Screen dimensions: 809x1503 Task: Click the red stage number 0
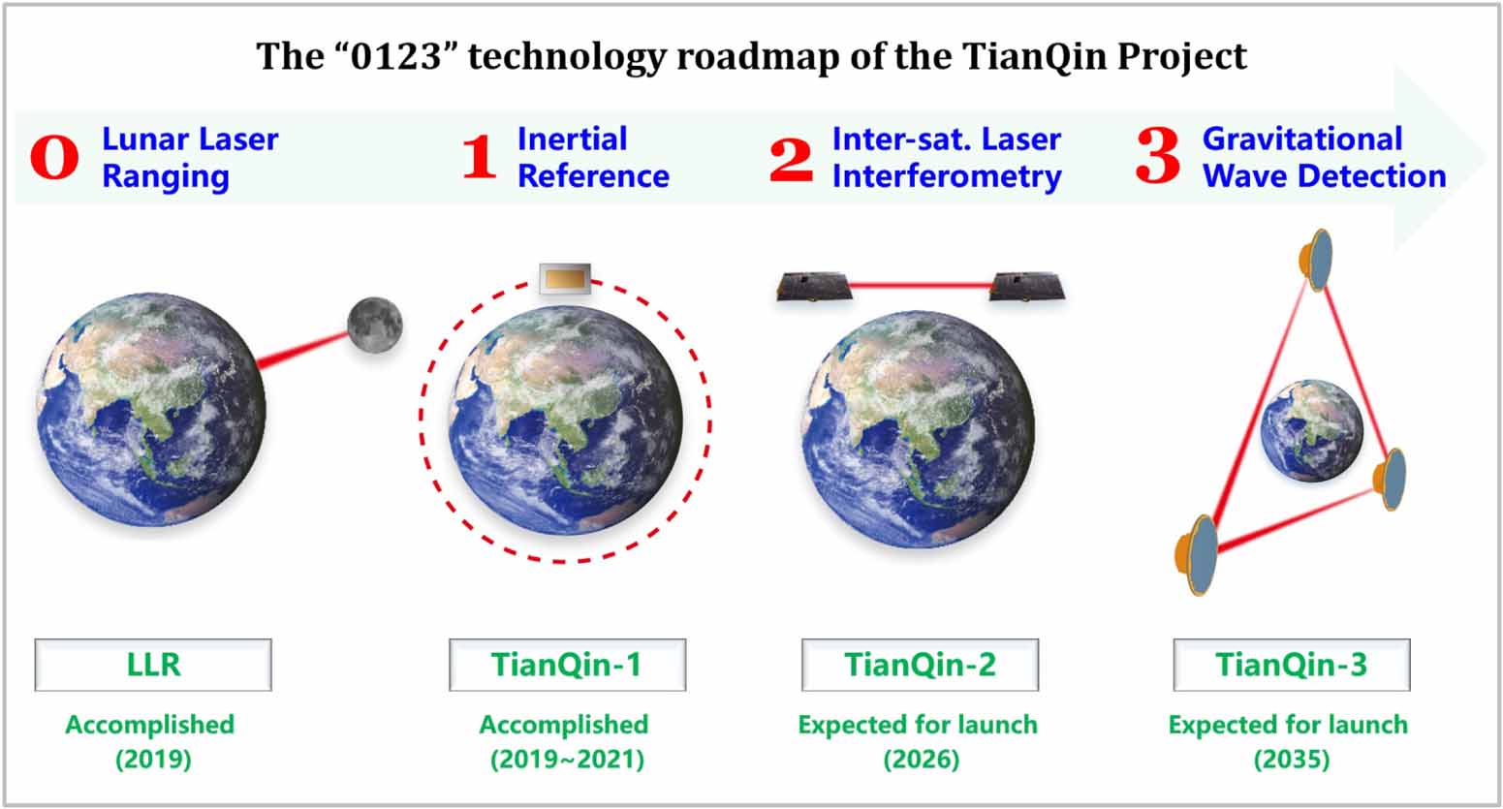coord(54,158)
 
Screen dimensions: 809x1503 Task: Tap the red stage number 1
coord(479,158)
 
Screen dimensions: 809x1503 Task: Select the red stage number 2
coord(792,158)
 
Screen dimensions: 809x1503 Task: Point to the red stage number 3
coord(1157,157)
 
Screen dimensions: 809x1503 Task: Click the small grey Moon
coord(375,325)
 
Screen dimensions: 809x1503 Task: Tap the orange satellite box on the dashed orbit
coord(565,278)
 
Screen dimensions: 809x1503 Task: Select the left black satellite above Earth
coord(813,287)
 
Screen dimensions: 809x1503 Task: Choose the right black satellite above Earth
coord(1027,287)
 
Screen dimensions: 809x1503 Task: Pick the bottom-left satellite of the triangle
coord(1199,554)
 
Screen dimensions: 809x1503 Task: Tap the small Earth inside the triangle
coord(1311,429)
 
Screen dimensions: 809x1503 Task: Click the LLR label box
coord(153,665)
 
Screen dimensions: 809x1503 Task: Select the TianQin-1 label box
coord(567,665)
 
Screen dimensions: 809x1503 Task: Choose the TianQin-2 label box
coord(920,665)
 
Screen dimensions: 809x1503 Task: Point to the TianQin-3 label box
coord(1292,665)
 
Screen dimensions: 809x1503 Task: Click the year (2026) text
coord(920,759)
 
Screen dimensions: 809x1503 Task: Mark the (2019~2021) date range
coord(567,759)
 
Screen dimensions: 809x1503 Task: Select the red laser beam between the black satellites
coord(921,286)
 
